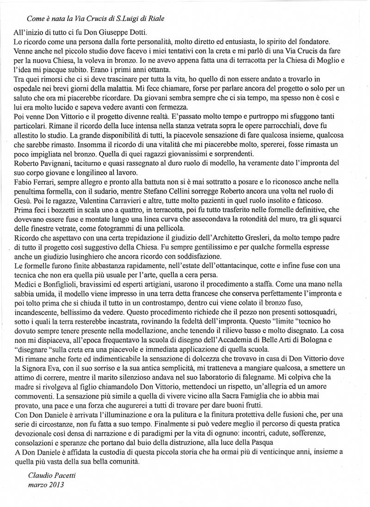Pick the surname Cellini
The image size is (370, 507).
pyautogui.click(x=241, y=199)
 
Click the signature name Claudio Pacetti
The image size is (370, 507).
pyautogui.click(x=48, y=476)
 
